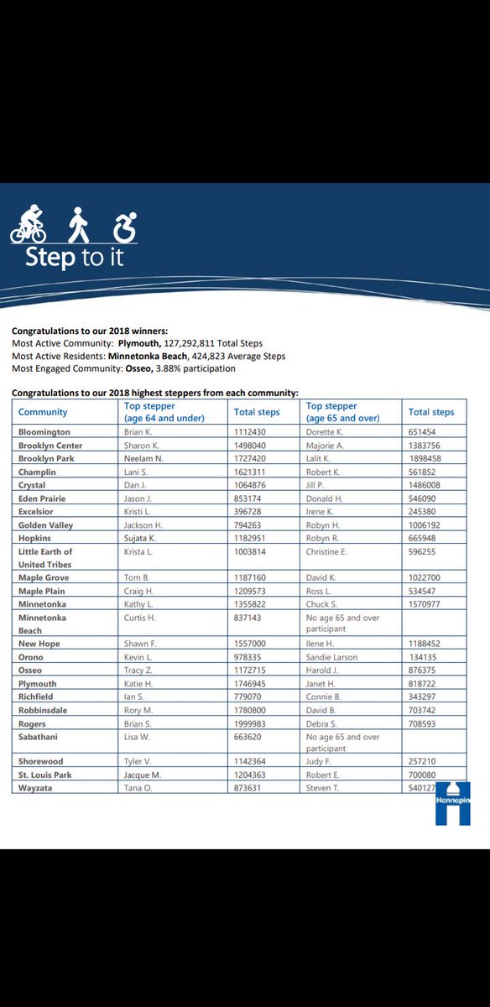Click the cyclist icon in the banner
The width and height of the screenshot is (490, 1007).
point(29,224)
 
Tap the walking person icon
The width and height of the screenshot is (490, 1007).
point(78,224)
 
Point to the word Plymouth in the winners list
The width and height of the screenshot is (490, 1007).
point(138,343)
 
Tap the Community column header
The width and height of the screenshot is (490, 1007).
point(43,412)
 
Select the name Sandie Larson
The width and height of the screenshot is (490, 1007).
point(331,657)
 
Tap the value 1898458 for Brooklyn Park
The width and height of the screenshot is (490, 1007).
point(426,459)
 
